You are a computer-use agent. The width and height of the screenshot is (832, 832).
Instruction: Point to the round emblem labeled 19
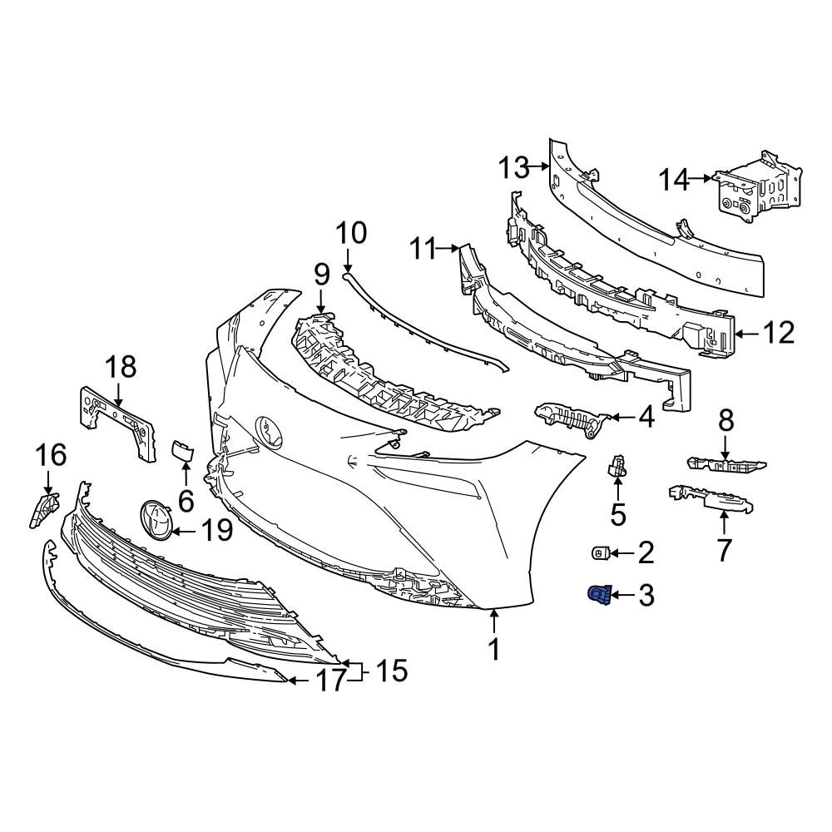point(155,522)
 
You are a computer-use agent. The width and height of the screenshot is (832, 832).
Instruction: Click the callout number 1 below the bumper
point(494,649)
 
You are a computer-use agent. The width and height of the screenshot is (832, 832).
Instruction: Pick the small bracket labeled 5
point(617,468)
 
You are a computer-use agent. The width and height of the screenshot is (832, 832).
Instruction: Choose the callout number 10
point(350,233)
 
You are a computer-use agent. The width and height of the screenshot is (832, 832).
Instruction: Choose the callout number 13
point(514,168)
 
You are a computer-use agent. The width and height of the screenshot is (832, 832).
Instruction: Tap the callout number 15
point(391,671)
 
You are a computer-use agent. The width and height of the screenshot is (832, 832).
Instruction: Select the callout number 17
point(330,682)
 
